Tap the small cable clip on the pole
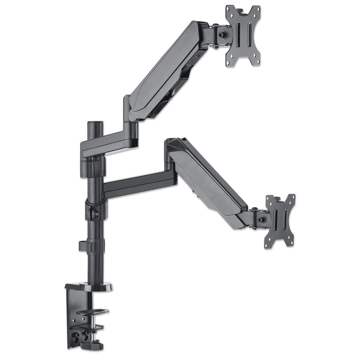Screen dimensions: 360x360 (83, 245)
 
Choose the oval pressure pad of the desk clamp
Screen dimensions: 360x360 (93, 312)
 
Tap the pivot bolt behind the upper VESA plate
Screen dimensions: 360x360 (222, 35)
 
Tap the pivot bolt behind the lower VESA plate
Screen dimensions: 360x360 (261, 220)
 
